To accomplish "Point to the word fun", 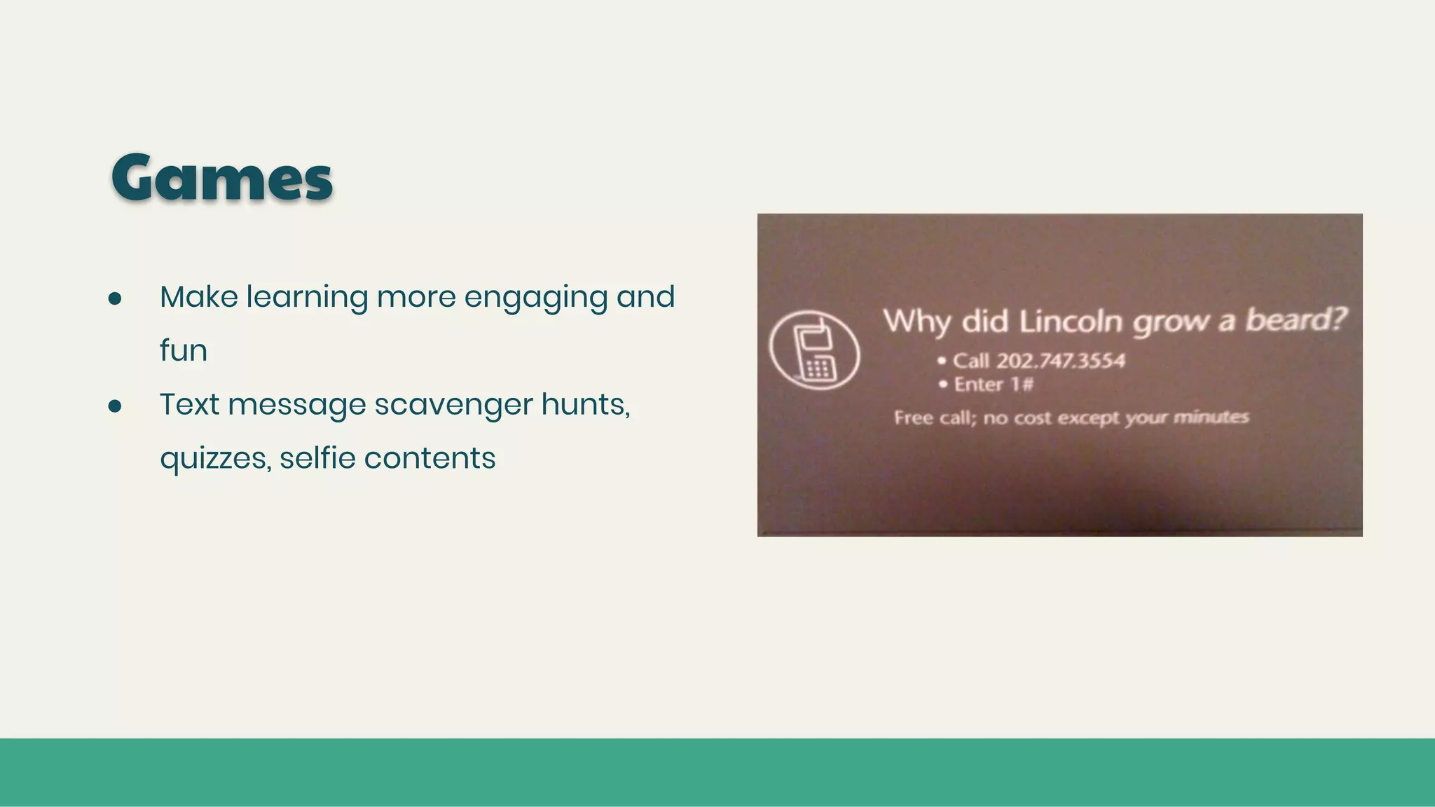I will [x=184, y=350].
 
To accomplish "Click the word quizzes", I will [x=214, y=459].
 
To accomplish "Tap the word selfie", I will [x=317, y=458].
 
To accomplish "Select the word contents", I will [x=430, y=458].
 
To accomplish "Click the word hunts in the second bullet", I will [x=584, y=404].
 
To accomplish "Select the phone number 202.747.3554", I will [x=1060, y=361].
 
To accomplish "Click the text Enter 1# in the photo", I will [x=993, y=385].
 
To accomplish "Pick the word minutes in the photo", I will [x=1211, y=418].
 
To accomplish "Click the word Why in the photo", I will [x=917, y=322].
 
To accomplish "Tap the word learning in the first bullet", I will [x=307, y=298].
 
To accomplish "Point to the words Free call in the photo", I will [x=934, y=418].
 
